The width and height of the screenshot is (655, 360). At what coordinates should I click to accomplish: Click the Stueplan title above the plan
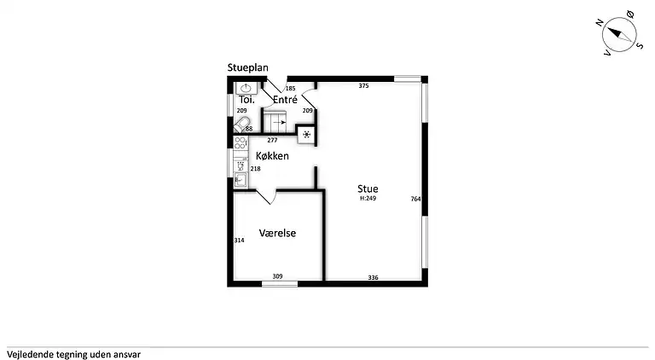247,67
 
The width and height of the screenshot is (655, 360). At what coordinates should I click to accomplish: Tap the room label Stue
368,189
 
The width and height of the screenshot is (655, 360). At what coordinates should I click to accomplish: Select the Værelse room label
277,233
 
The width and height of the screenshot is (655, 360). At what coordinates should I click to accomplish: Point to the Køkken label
272,156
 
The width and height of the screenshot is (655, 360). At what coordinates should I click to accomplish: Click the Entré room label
286,100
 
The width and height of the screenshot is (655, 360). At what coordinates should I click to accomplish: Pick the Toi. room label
246,100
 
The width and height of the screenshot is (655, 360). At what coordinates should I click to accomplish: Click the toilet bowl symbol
242,125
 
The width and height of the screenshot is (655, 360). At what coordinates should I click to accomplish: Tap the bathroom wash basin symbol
246,88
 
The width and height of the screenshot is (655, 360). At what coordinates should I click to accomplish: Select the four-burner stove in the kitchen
241,142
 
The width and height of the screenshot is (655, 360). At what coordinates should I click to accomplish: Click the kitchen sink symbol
241,180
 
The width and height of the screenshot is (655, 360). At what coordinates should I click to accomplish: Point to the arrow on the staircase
280,122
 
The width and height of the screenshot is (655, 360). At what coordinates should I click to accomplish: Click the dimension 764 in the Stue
415,200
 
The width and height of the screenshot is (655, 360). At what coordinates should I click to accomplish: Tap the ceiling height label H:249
368,199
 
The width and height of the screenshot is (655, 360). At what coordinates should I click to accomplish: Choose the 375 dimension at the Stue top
364,86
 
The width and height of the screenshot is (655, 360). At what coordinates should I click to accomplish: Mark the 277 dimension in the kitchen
272,140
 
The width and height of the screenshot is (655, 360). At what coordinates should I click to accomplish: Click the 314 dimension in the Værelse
240,240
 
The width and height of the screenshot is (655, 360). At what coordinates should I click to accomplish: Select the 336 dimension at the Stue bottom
373,277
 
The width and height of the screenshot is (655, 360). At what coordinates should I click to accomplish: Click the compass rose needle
619,34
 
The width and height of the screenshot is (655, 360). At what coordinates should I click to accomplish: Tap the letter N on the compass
600,23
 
